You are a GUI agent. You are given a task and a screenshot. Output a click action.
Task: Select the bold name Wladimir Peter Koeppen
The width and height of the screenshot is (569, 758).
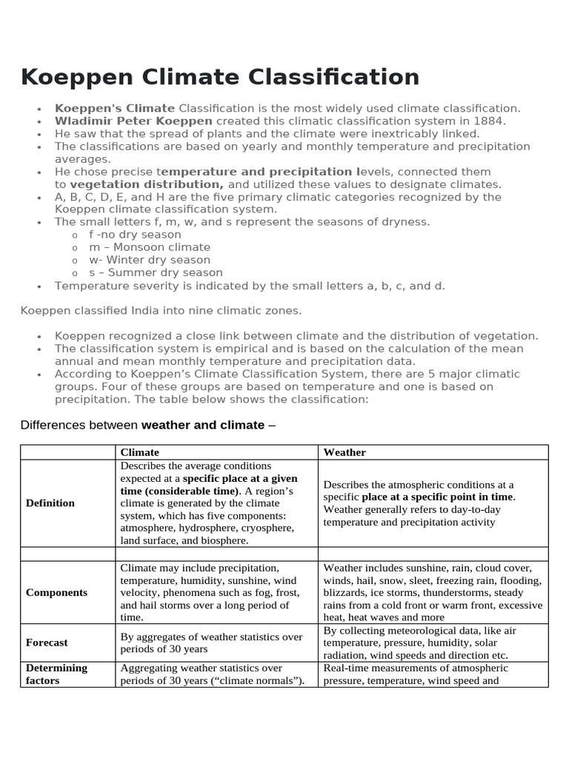tap(133, 121)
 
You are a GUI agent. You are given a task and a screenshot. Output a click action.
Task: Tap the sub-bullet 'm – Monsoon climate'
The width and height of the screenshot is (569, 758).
tap(150, 247)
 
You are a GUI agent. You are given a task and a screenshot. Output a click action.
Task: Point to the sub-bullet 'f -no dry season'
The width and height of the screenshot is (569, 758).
tap(135, 235)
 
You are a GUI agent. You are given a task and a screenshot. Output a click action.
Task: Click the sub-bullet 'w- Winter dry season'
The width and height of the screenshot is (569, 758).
tap(150, 260)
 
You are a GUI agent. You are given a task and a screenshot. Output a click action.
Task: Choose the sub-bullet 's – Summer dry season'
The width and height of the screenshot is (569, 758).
tap(156, 272)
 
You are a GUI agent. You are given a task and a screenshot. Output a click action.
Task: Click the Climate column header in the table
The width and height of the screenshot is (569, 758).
tap(139, 452)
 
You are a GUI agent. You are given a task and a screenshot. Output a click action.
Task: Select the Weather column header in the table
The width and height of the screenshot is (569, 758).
tap(345, 452)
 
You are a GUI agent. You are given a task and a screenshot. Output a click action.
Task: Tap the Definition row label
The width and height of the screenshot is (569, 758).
tap(50, 503)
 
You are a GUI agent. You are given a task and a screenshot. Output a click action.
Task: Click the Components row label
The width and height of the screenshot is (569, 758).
tap(56, 592)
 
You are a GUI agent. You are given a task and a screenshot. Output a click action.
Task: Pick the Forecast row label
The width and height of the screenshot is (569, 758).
tap(47, 643)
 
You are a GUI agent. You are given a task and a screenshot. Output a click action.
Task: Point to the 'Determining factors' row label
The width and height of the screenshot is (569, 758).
tap(56, 674)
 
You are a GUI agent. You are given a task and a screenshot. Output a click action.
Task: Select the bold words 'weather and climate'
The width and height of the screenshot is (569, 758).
tap(202, 425)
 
